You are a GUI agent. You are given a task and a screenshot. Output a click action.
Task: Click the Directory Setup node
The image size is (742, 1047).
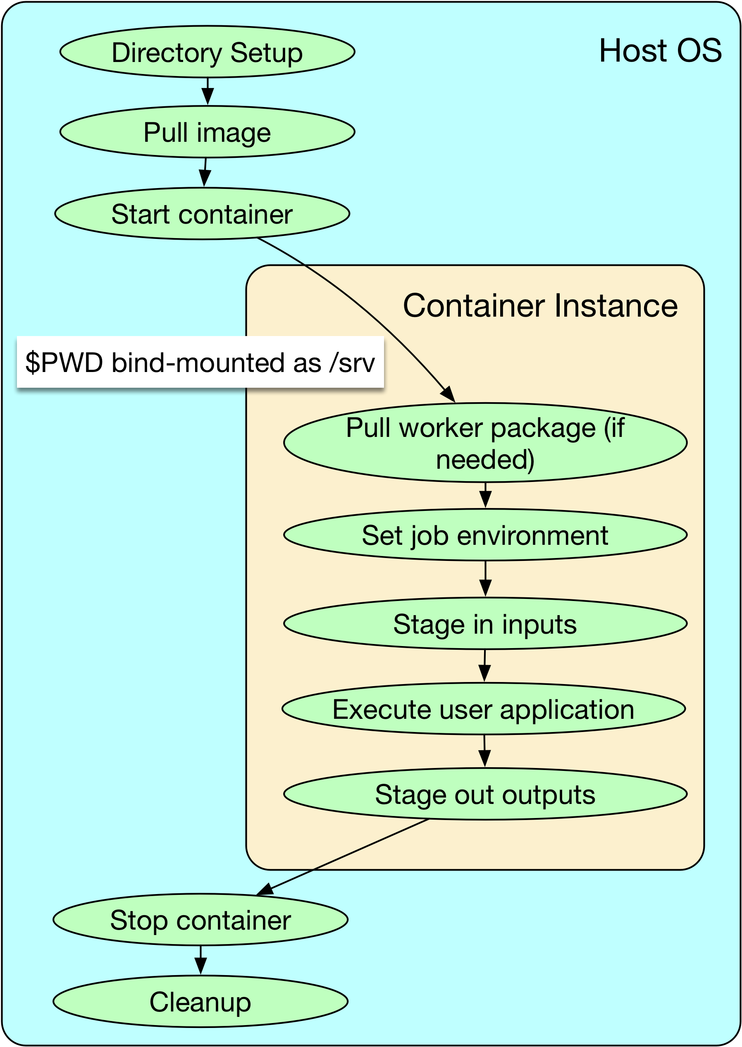point(208,52)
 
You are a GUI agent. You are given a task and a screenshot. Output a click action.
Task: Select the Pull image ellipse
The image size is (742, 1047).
point(208,132)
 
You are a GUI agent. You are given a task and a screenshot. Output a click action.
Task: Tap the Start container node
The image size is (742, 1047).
point(203,213)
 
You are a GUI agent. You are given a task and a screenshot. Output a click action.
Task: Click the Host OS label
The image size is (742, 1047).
point(660,50)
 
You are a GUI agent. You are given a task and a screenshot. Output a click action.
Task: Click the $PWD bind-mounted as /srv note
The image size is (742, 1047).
point(200,362)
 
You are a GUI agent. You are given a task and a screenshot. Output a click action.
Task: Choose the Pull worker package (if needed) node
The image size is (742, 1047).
point(485,443)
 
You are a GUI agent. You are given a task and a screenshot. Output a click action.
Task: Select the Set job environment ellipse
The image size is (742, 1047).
point(485,535)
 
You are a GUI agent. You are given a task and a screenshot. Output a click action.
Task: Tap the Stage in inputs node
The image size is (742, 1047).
point(485,624)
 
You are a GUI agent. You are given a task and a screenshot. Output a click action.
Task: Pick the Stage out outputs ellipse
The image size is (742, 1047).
point(485,794)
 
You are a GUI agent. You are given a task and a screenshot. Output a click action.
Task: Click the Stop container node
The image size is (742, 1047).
point(200,920)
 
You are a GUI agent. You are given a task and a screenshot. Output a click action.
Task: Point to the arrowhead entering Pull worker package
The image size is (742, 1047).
point(449,395)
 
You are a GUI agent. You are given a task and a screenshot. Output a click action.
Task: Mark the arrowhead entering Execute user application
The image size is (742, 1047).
point(484,674)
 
